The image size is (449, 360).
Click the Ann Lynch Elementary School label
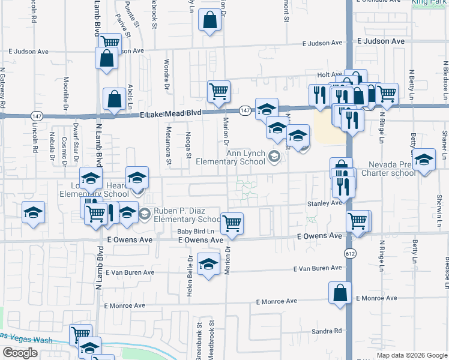click(x=245, y=157)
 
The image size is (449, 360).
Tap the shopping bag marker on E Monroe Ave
click(x=340, y=294)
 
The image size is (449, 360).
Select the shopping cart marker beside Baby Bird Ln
click(x=232, y=223)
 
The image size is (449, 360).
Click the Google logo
click(x=20, y=353)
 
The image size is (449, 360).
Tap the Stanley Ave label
click(x=324, y=203)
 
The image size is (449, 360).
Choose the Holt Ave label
click(x=329, y=75)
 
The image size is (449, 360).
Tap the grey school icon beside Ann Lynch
click(x=274, y=157)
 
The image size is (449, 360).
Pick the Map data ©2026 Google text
click(x=412, y=355)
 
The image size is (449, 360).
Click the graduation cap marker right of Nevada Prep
click(x=424, y=161)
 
